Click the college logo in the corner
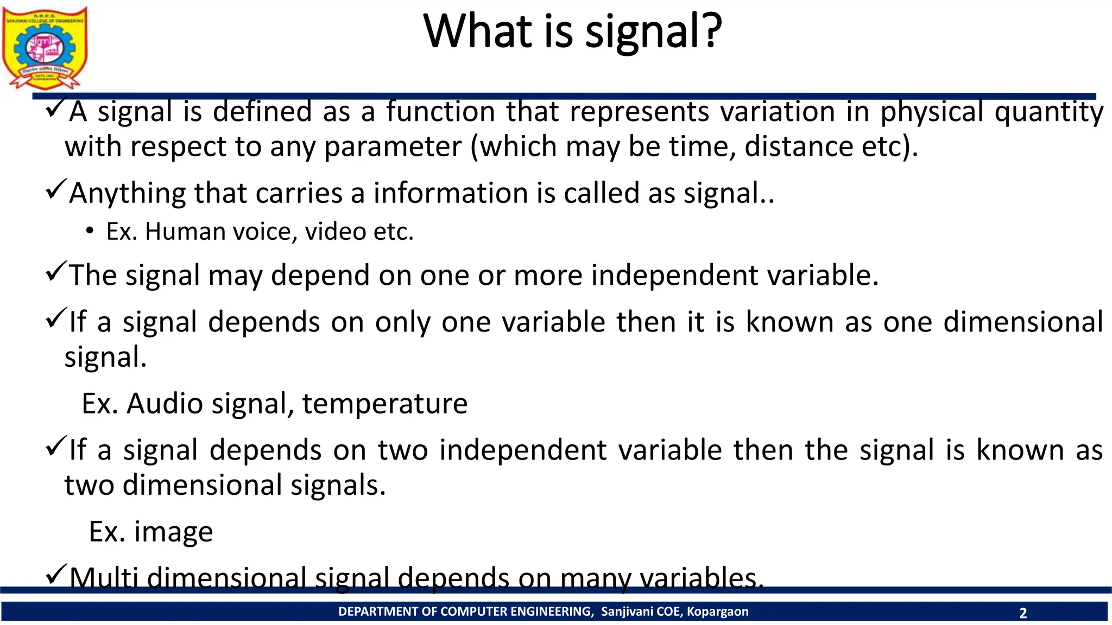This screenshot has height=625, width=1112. pos(45,48)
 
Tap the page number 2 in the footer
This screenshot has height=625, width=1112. pos(1023,613)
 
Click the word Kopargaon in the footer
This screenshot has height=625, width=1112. pos(717,611)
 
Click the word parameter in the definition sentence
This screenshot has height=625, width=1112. pos(393,147)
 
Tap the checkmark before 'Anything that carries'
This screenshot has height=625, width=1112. pos(56,189)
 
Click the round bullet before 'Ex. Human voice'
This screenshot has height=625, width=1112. pos(90,231)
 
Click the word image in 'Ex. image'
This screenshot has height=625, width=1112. pos(173,532)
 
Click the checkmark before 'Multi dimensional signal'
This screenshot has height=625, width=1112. pos(56,573)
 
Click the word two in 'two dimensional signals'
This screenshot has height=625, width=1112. pos(89,485)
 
